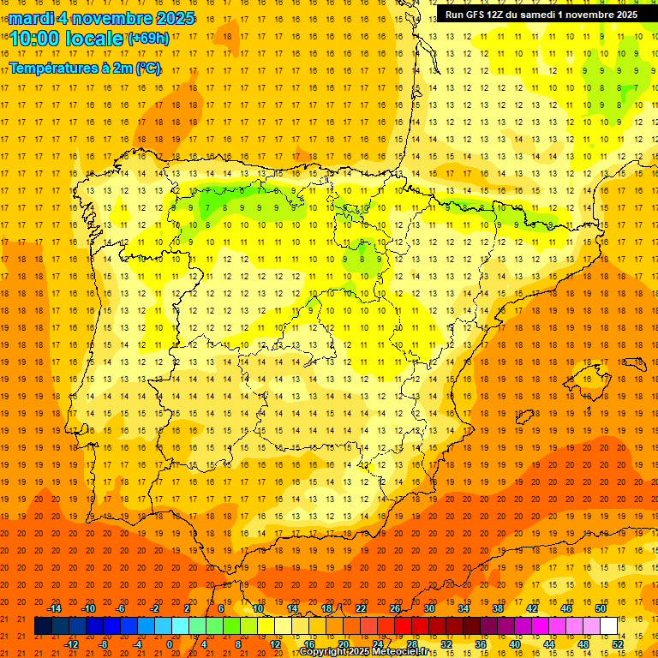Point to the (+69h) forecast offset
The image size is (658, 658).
click(x=148, y=39)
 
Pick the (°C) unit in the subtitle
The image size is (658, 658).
click(x=147, y=68)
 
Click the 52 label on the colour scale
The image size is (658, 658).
click(x=619, y=643)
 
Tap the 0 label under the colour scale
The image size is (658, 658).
click(x=170, y=643)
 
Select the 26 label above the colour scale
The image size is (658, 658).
click(x=394, y=608)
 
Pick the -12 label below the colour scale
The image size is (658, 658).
click(x=72, y=643)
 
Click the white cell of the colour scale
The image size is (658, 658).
click(x=608, y=626)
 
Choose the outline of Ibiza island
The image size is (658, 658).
click(x=523, y=417)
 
